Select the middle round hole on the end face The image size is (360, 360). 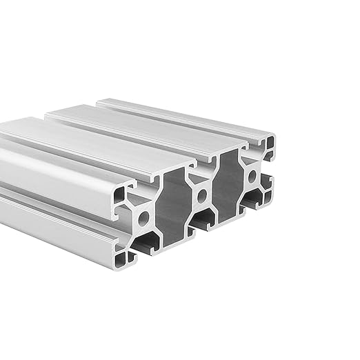201,196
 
